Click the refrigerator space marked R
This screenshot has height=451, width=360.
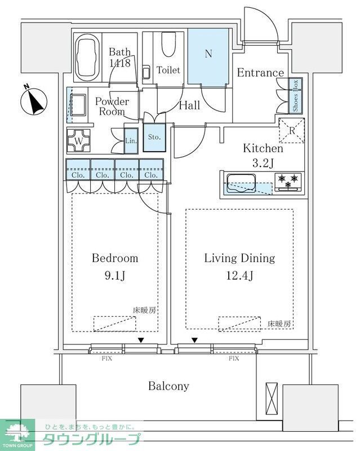coord(292,130)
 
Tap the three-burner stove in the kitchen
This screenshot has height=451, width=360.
coord(288,181)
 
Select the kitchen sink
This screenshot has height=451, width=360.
coord(241,182)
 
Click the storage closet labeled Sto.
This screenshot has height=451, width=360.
coord(154,137)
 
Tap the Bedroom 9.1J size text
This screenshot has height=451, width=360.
coord(115,276)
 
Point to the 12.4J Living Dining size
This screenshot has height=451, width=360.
coord(239,276)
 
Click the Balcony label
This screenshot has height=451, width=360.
coord(168,386)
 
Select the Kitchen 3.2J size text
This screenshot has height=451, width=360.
coord(262,164)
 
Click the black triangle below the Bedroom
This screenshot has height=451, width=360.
coord(141,340)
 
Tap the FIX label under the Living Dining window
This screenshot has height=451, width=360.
coord(233,358)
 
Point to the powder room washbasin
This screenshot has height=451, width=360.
coord(77,105)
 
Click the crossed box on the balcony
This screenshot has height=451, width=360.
coord(272,399)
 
